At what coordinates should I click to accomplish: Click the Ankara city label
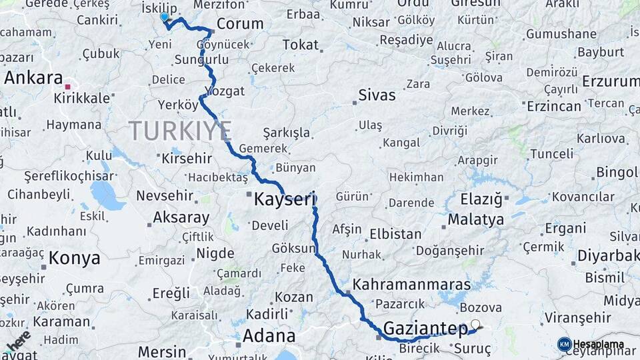coord(33,77)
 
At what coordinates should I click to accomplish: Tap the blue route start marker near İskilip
coord(165,17)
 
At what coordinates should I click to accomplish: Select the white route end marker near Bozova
coord(475,325)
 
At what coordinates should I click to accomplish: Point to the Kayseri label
coord(284,199)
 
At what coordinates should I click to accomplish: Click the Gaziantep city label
coord(425,328)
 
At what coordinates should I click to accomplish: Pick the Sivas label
coord(377,95)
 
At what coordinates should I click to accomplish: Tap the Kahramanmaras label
coord(411,284)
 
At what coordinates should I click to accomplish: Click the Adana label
coord(269,335)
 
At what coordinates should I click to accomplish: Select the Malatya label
coord(475,219)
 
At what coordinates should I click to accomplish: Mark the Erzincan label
coord(554,106)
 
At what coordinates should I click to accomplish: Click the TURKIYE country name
coord(180,130)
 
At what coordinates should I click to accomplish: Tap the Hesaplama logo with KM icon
coord(591,344)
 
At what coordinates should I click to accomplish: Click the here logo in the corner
coord(18,341)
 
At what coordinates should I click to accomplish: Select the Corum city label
coord(240,24)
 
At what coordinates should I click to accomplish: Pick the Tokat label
coord(301,45)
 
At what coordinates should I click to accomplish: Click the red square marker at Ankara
coord(67,86)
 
